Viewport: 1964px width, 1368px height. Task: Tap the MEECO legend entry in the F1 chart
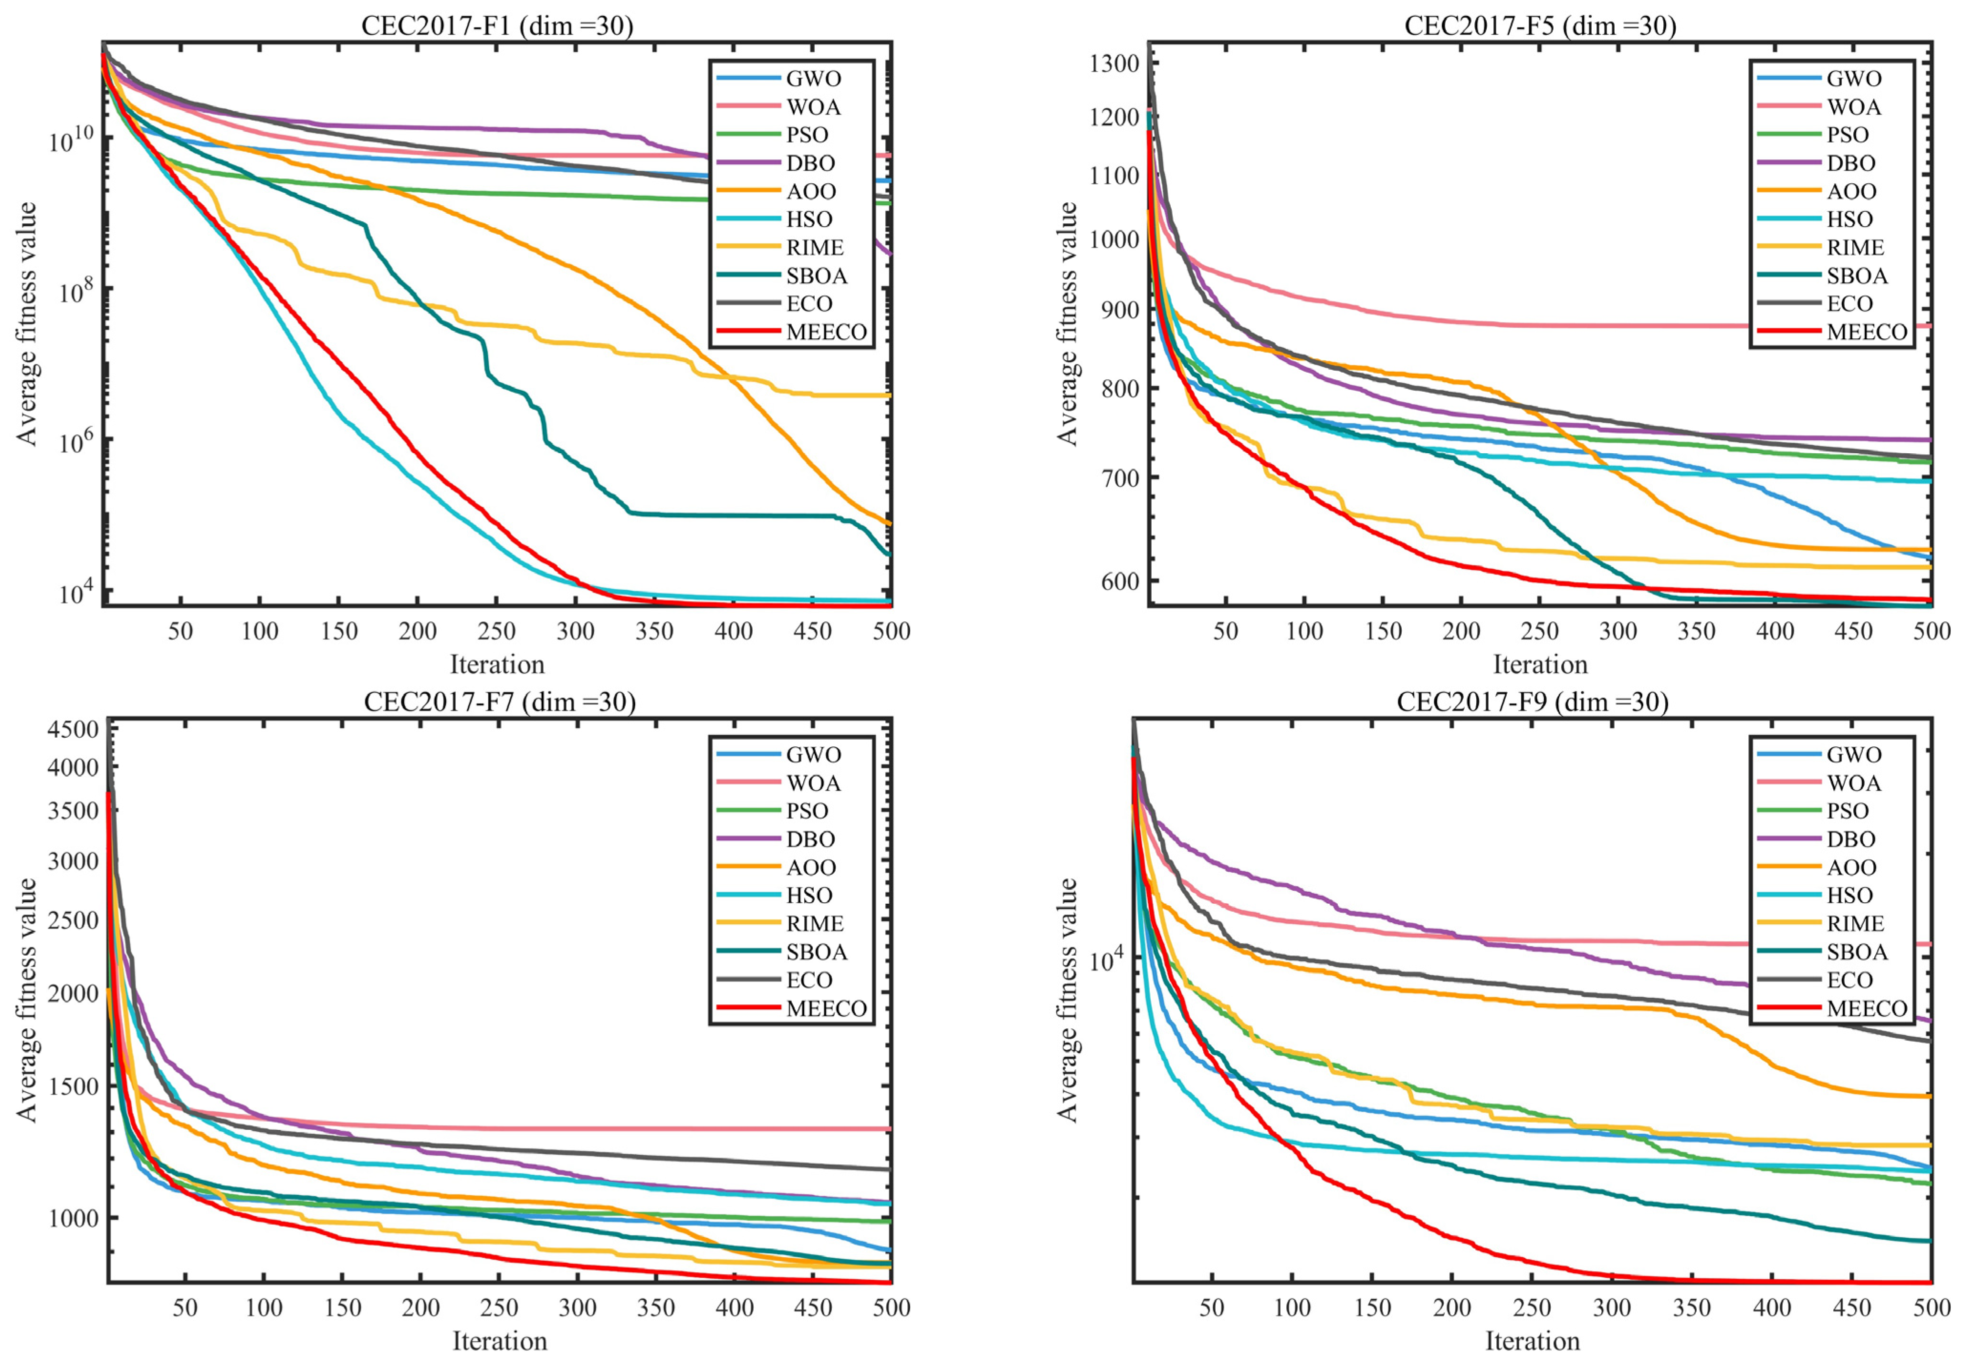(x=792, y=332)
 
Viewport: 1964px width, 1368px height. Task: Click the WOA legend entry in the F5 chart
(x=1815, y=107)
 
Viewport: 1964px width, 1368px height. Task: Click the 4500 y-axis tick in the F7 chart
(x=72, y=729)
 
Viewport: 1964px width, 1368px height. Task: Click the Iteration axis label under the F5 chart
(x=1540, y=664)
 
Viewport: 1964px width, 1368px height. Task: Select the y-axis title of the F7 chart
(x=27, y=1000)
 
